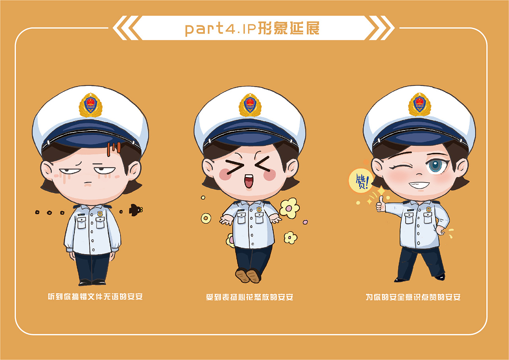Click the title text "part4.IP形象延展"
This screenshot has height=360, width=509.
point(252,28)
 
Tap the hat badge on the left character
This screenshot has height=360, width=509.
point(91,105)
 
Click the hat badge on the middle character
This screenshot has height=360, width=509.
point(250,105)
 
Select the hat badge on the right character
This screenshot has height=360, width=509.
point(420,104)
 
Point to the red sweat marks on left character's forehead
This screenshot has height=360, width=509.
point(114,148)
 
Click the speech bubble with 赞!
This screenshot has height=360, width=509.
point(360,181)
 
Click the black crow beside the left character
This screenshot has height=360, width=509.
point(135,209)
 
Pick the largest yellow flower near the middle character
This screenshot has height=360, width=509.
point(289,208)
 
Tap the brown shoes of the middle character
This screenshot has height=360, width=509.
point(248,275)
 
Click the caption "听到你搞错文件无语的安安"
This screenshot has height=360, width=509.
point(95,297)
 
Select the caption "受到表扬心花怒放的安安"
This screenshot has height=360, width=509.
point(249,297)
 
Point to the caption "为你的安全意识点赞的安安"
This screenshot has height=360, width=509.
point(413,297)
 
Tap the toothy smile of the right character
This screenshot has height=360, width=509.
point(419,185)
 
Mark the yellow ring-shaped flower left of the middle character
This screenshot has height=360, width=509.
point(206,218)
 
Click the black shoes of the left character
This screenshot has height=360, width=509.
point(92,282)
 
